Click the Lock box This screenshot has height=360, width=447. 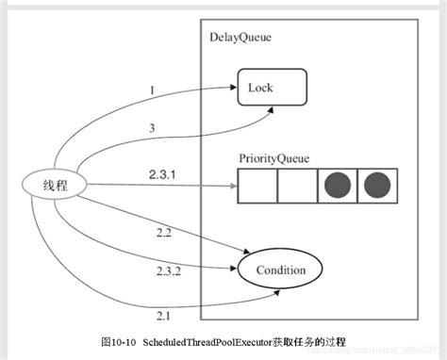tap(272, 88)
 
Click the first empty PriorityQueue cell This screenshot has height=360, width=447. tap(257, 186)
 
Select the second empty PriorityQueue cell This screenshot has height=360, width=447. tap(297, 186)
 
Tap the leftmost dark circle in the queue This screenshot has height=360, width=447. tap(338, 186)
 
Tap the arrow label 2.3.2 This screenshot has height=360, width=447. tap(170, 270)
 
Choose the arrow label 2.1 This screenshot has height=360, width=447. tap(162, 316)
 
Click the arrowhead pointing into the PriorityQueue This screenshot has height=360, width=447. tap(230, 186)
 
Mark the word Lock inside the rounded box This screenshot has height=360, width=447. tap(260, 88)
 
